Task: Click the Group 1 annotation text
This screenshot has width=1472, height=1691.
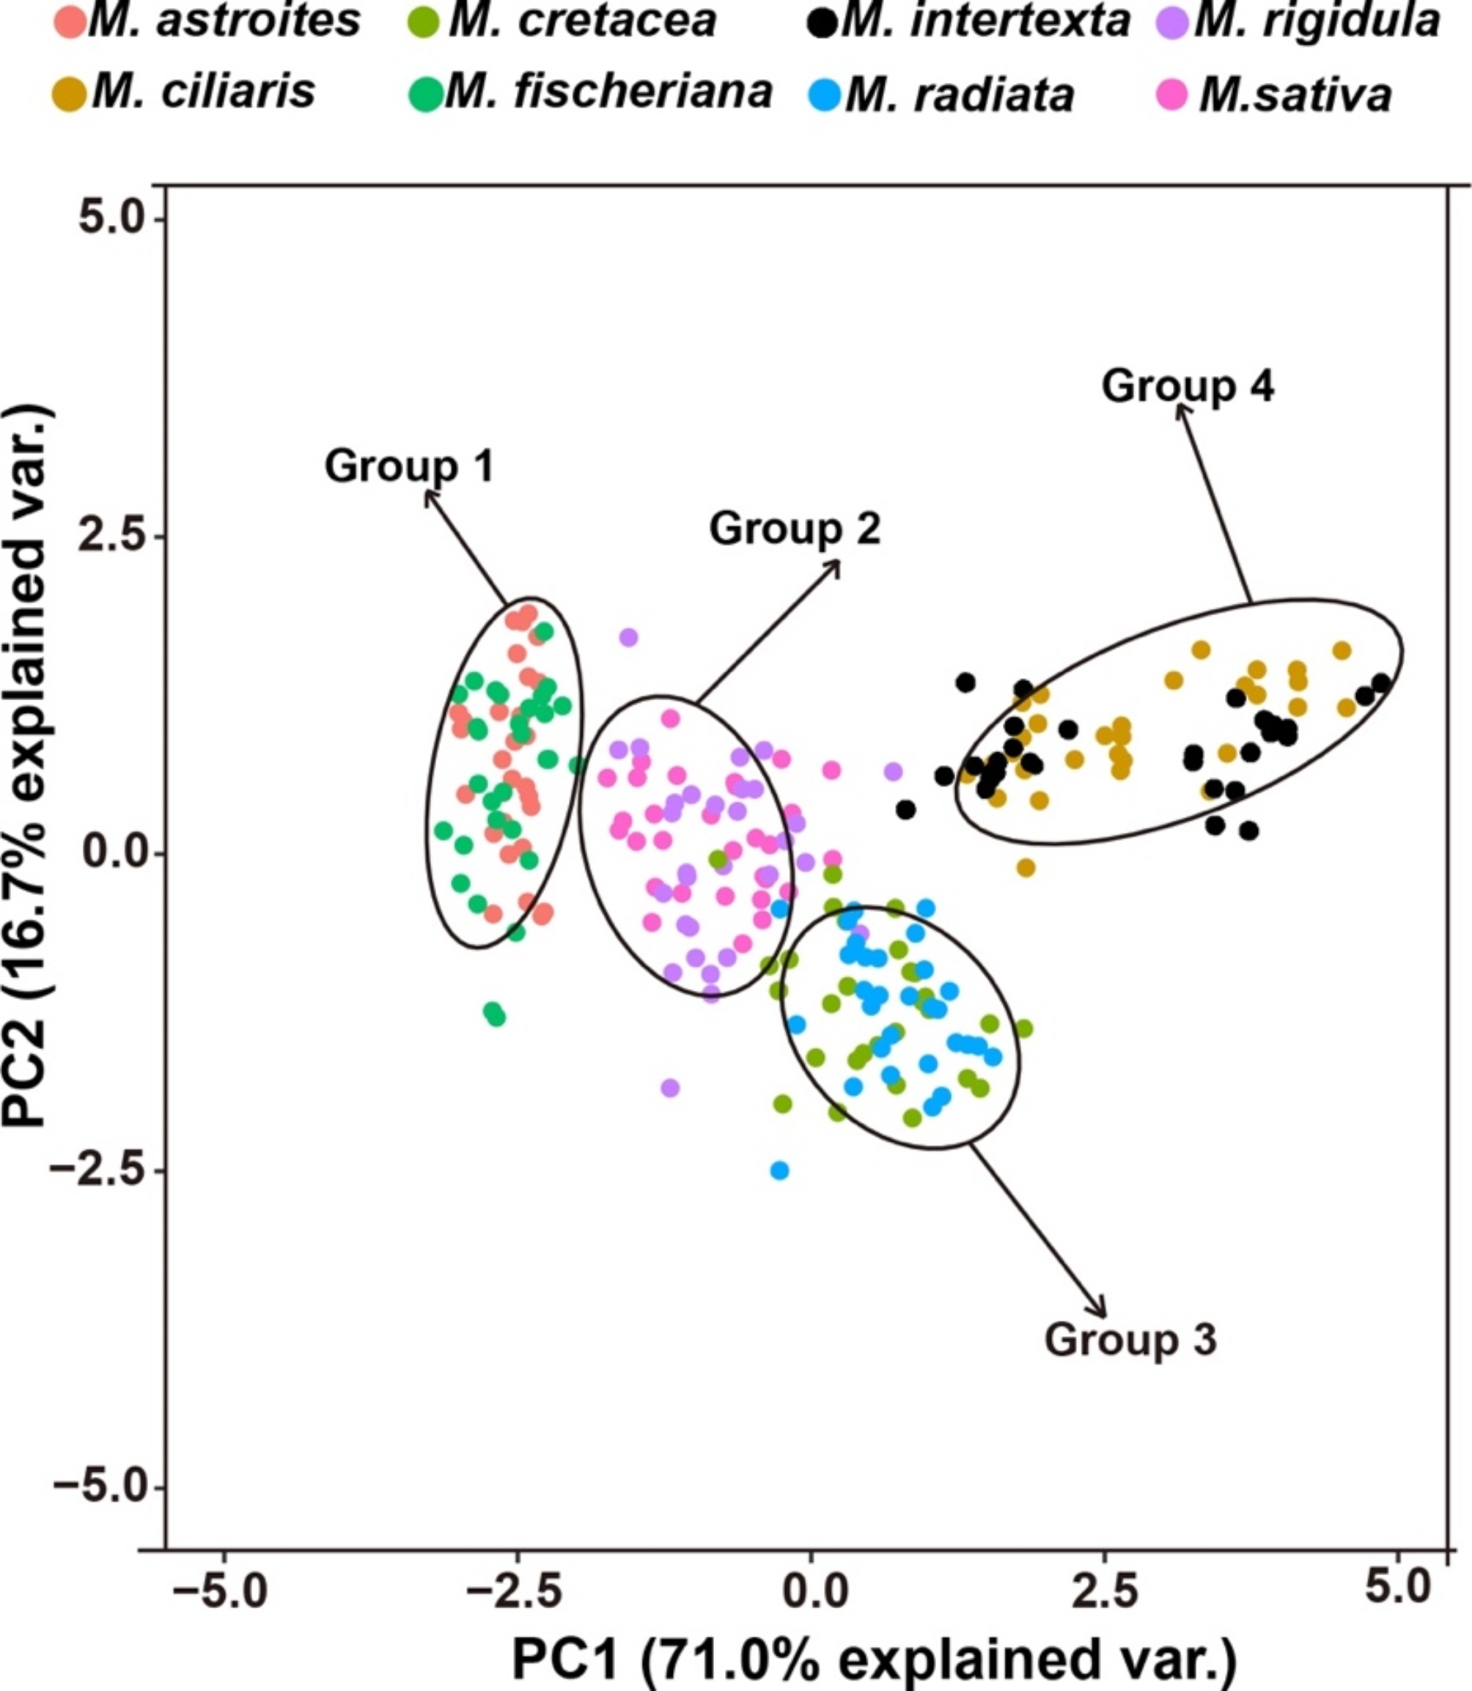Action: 409,466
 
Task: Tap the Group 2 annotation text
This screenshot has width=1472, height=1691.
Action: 795,528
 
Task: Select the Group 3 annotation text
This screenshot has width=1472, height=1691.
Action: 1130,1339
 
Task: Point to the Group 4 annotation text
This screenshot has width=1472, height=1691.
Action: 1187,386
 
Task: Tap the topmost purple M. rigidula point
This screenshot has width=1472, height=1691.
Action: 628,636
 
